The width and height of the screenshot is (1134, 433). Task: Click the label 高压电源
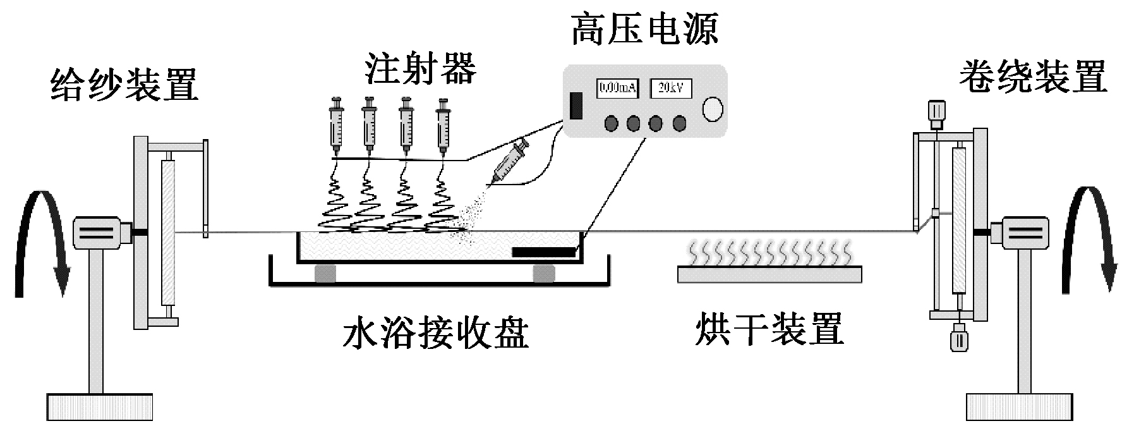click(x=644, y=30)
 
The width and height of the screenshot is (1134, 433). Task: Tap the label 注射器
click(x=420, y=69)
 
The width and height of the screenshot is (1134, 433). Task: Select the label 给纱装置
click(x=124, y=85)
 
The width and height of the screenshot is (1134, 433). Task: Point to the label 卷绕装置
click(x=1033, y=78)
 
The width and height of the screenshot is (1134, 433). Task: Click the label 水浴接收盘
click(x=435, y=332)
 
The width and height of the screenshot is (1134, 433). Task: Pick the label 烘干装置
click(x=769, y=329)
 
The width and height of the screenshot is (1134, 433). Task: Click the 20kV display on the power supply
click(x=670, y=88)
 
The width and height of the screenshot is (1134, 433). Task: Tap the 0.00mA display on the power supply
click(x=617, y=88)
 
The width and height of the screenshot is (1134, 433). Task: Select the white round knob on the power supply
click(x=713, y=109)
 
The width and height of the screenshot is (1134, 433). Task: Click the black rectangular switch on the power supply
click(x=576, y=106)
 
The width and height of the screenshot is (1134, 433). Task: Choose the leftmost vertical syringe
click(x=337, y=126)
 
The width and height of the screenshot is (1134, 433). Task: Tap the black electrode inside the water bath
click(x=544, y=252)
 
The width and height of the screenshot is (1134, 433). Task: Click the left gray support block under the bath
click(x=325, y=273)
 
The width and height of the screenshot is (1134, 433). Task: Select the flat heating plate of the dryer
click(x=769, y=274)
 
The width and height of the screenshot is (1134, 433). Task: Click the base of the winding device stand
click(x=1018, y=406)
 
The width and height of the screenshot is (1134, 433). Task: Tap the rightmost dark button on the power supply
click(x=679, y=123)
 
